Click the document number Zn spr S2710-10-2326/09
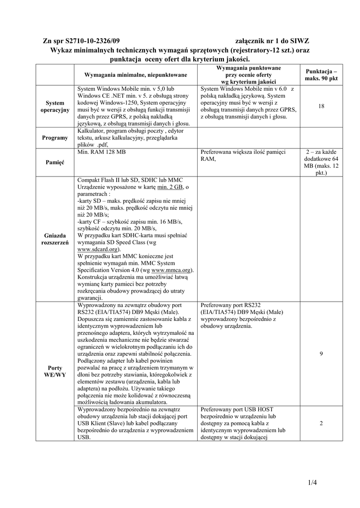pyautogui.click(x=81, y=41)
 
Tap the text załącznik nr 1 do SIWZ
pyautogui.click(x=272, y=41)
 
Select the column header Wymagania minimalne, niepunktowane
pyautogui.click(x=136, y=74)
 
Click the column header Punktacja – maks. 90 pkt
pyautogui.click(x=321, y=74)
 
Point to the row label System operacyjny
pyautogui.click(x=55, y=106)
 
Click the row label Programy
pyautogui.click(x=55, y=137)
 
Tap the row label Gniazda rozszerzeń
pyautogui.click(x=55, y=238)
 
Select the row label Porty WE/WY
pyautogui.click(x=55, y=371)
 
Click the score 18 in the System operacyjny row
pyautogui.click(x=321, y=106)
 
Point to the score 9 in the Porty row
pyautogui.click(x=321, y=354)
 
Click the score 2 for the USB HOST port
pyautogui.click(x=321, y=423)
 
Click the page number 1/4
pyautogui.click(x=311, y=482)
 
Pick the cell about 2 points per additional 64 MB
pyautogui.click(x=321, y=163)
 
